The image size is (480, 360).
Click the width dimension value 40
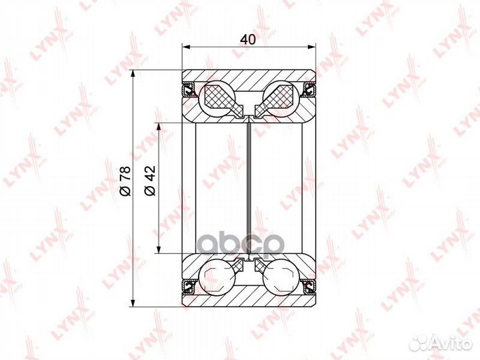click(x=248, y=39)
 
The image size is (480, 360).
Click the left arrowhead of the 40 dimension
click(x=186, y=47)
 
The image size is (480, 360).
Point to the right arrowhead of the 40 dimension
click(x=311, y=47)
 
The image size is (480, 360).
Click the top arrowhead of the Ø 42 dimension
click(x=159, y=126)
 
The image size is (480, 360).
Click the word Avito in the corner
click(x=453, y=343)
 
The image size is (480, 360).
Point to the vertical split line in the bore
click(x=249, y=187)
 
